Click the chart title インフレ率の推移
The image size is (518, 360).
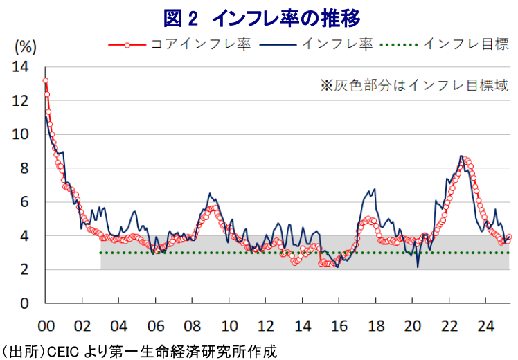tap(286, 19)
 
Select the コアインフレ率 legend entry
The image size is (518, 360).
tap(180, 44)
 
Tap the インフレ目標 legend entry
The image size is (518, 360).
tap(445, 44)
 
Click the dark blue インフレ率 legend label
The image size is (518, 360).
tap(337, 44)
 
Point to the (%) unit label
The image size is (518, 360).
tap(25, 47)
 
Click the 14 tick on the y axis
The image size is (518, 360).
tap(21, 67)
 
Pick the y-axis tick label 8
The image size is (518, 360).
tap(24, 168)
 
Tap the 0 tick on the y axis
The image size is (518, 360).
tap(24, 303)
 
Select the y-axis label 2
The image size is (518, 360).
tap(24, 270)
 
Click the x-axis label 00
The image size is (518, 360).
tap(46, 326)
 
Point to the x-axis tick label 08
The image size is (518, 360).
tap(193, 326)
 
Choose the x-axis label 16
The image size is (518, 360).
tap(339, 326)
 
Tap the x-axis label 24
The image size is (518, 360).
tap(485, 326)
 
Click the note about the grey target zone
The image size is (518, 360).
tap(414, 86)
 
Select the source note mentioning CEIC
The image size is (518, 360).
tap(139, 352)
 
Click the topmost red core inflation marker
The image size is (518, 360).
tap(46, 80)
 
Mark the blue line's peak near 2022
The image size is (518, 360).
tap(461, 156)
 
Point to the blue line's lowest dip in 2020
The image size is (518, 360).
tap(418, 267)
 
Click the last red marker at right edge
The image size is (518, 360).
tap(509, 237)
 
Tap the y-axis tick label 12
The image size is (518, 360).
tap(21, 101)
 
